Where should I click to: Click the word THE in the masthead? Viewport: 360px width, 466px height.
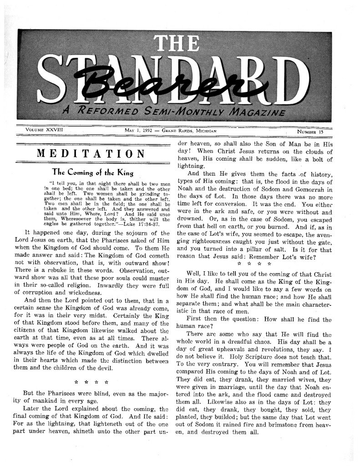point(181,44)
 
